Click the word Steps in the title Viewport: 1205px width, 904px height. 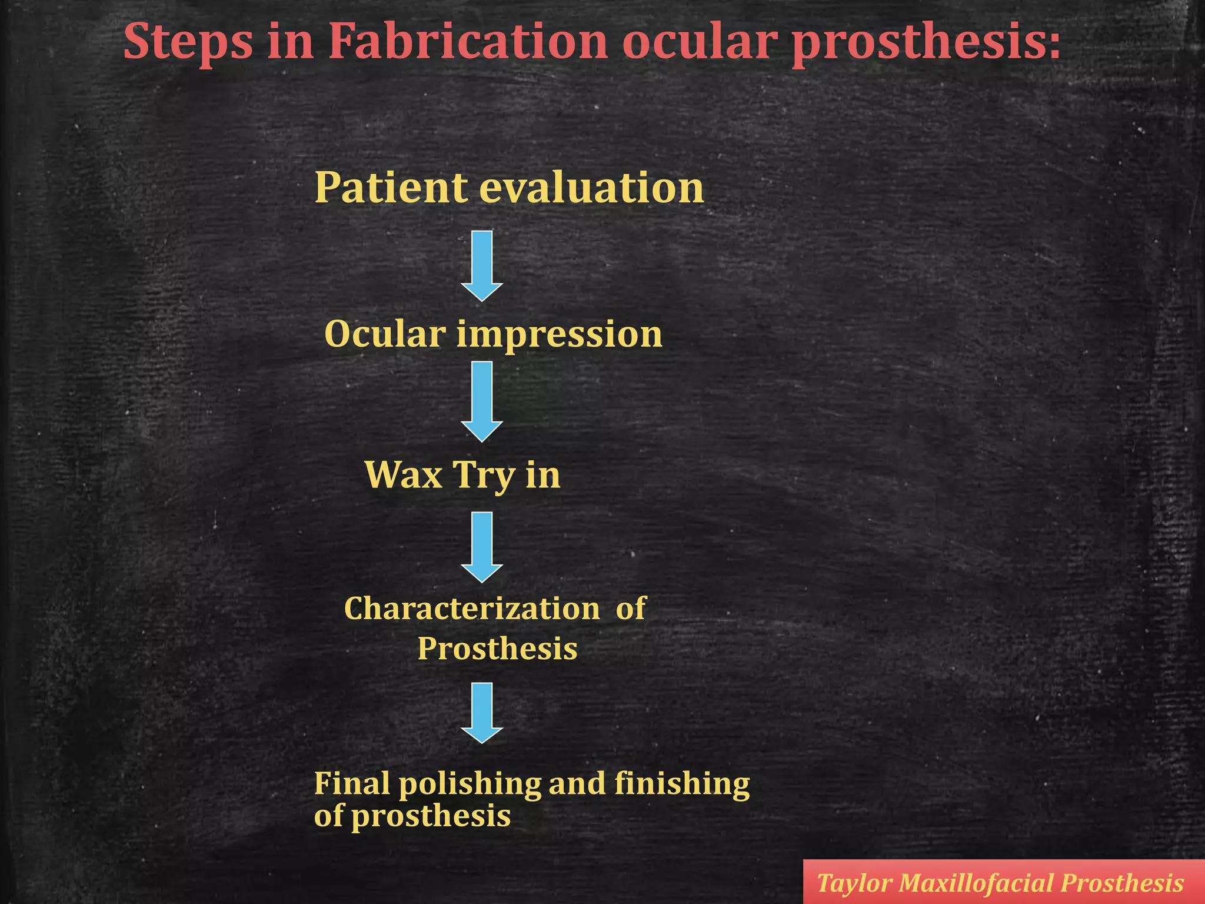(188, 42)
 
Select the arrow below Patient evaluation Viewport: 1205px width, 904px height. (481, 265)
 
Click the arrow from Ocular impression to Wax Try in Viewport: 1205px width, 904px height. (481, 401)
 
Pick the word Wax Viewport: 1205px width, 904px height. (404, 474)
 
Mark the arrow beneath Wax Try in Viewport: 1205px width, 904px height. (481, 547)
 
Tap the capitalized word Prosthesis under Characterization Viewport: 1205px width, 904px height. (497, 649)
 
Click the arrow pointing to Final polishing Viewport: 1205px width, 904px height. (481, 713)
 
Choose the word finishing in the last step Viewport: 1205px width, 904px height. (682, 784)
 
